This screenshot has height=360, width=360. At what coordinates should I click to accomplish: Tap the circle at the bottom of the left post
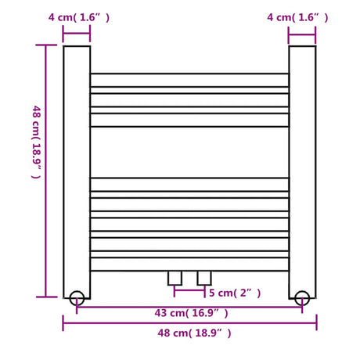point(77,297)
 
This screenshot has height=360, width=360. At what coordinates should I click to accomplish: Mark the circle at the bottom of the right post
point(302,297)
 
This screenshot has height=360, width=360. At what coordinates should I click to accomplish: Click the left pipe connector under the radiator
point(175,277)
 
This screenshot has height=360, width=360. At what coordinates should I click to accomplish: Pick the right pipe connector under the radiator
point(204,277)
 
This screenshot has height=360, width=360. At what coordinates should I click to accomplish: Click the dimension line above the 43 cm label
point(189,305)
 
